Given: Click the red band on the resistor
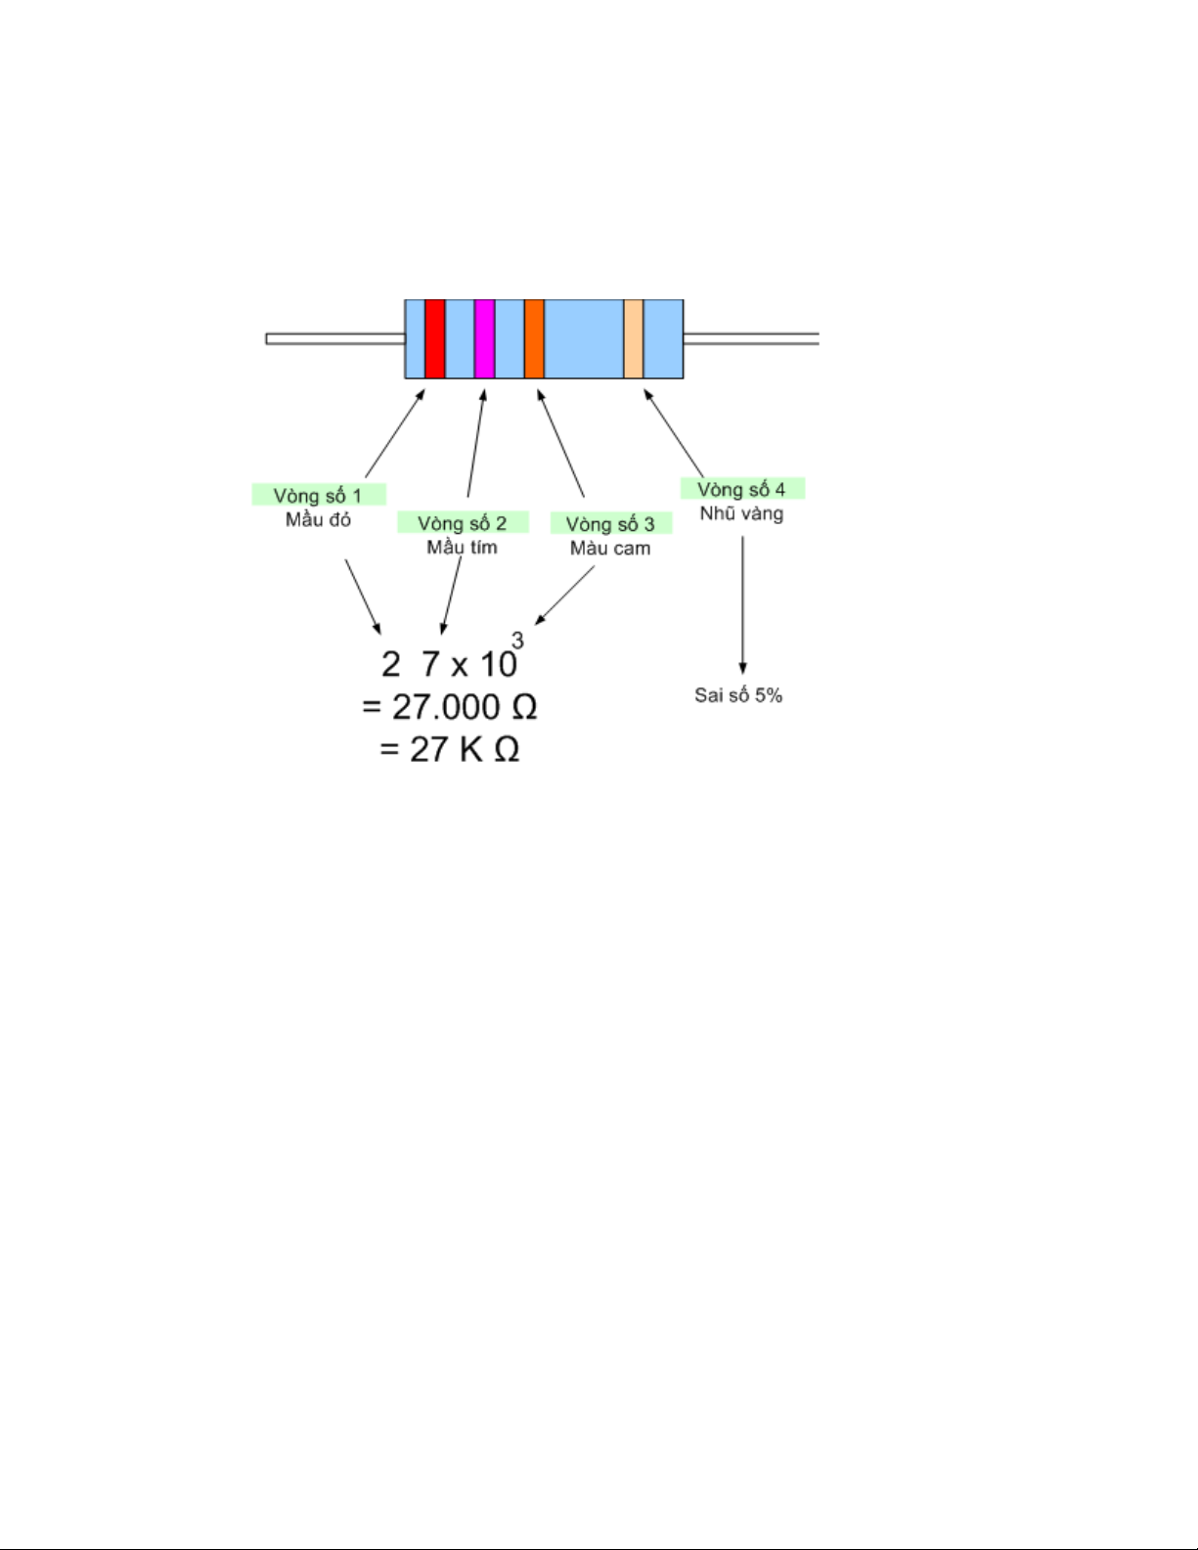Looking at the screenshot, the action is (435, 338).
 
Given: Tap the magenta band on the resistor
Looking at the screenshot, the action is (485, 338).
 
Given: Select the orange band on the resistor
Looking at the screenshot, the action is (534, 338).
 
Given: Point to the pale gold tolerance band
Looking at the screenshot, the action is (634, 338).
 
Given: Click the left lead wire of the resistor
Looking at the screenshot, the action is (335, 338).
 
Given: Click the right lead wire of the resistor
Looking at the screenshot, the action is (751, 338).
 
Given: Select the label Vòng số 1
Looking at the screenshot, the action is (318, 495).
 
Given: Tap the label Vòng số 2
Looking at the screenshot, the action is (462, 523).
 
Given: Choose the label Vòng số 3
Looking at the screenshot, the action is (610, 523).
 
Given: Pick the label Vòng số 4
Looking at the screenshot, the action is (741, 489).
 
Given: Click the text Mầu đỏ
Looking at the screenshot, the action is (318, 519).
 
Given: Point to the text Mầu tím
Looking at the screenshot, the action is (462, 547).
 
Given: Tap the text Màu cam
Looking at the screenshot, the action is (610, 548).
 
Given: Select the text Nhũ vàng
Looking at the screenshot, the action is (741, 513).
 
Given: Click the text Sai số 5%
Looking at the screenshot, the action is (738, 694).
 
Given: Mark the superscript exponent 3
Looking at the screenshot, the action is (517, 640).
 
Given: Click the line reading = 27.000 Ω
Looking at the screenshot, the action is (449, 707).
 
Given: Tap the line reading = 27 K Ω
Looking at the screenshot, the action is (449, 749).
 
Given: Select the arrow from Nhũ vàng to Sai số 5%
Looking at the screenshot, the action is (743, 605).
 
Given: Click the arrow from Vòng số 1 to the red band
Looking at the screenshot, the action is (395, 433).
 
